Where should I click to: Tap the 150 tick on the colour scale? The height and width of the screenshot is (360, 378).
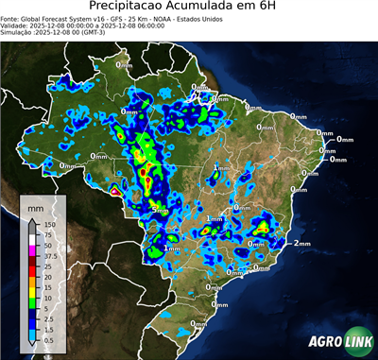(49, 225)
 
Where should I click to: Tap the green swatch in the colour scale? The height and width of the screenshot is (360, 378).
(32, 301)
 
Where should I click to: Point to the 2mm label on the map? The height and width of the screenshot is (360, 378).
(302, 244)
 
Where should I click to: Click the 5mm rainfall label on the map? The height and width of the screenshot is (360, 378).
(161, 209)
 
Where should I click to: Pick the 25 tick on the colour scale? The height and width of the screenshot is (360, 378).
(47, 266)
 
